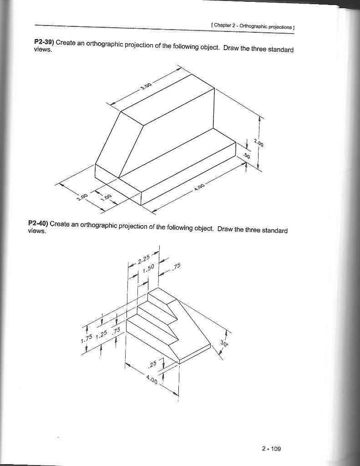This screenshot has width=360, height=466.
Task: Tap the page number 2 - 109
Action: click(272, 449)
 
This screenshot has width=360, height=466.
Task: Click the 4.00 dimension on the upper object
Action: click(199, 187)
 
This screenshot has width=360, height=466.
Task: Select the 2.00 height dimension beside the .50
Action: click(259, 144)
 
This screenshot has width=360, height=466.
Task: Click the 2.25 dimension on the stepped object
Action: click(143, 259)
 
